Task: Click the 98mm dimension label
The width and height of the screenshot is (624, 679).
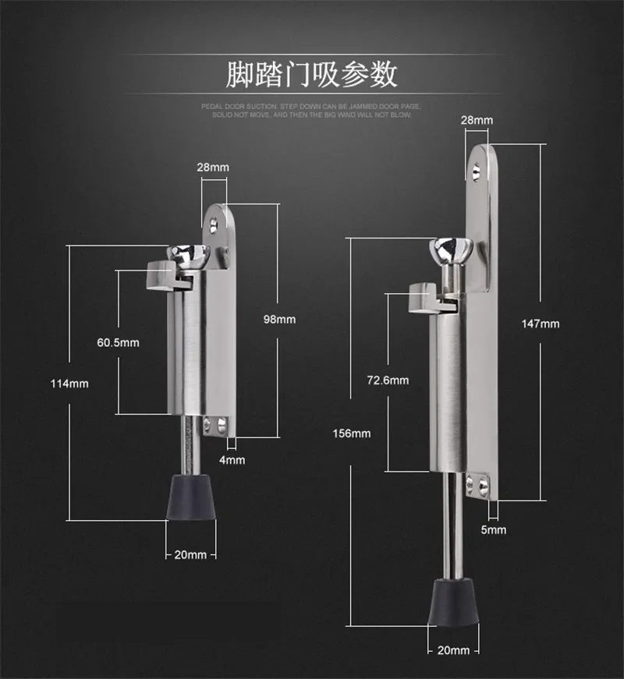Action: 279,320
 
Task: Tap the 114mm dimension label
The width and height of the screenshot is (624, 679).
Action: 69,384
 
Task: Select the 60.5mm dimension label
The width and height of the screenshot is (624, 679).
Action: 119,343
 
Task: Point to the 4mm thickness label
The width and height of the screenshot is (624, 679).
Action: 232,460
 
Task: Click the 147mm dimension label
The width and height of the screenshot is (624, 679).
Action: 541,324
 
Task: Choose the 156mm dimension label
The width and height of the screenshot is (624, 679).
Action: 352,433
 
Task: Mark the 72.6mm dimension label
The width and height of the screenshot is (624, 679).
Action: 388,380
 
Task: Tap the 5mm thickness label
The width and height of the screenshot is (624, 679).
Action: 494,530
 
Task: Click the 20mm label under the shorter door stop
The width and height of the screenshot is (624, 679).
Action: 190,555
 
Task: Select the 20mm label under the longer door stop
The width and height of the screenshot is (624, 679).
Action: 453,650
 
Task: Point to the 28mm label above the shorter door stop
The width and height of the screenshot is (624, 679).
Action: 213,167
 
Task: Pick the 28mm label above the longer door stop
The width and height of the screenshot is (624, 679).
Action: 477,120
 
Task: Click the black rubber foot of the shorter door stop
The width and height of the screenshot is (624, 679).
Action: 191,497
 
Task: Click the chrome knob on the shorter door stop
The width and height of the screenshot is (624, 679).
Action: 190,255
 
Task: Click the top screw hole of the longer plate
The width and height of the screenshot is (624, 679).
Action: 477,172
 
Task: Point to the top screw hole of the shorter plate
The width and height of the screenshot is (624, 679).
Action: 213,226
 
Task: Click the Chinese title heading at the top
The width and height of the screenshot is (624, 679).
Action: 311,75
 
